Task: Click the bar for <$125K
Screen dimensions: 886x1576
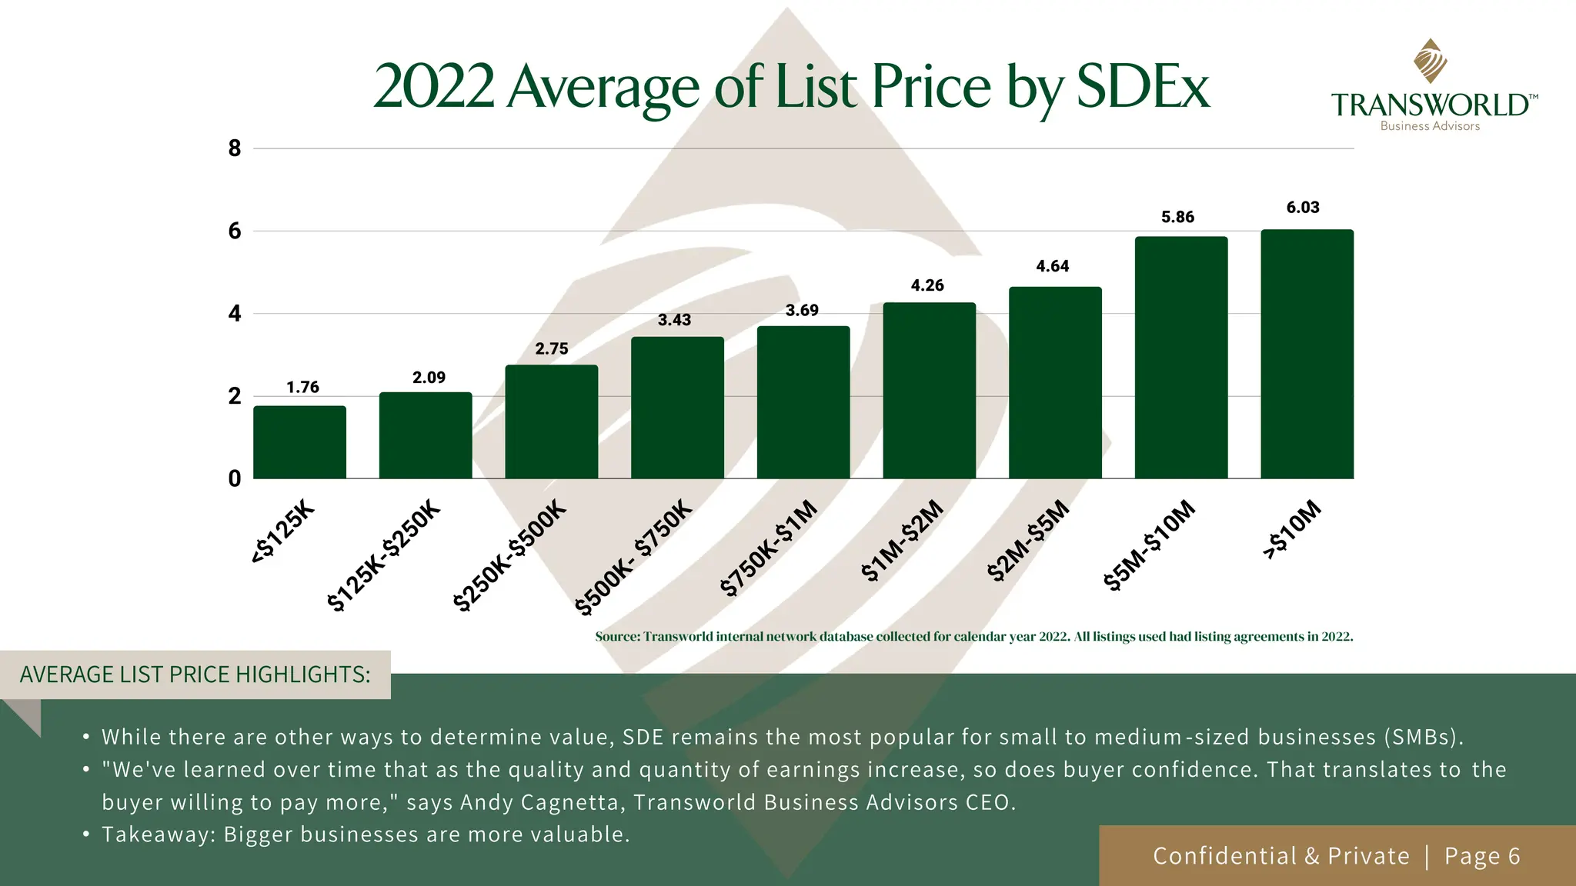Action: (299, 442)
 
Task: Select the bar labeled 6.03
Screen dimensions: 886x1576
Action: (1307, 354)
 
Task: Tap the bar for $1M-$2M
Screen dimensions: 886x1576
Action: (929, 391)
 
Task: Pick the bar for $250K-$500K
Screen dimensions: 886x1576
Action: (551, 421)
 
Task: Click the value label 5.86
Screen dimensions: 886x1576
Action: (1177, 218)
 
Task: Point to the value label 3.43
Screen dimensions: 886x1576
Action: (674, 320)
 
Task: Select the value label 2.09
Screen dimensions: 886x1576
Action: (429, 378)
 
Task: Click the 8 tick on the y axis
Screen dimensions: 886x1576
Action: (235, 148)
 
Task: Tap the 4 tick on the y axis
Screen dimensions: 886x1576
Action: (235, 314)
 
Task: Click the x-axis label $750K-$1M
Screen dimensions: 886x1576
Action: (769, 548)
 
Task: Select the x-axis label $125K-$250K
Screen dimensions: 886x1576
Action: (384, 555)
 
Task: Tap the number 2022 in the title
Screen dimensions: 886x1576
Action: (434, 86)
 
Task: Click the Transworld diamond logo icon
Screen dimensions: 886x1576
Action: (1430, 61)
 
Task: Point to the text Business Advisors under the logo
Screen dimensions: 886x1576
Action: (1430, 126)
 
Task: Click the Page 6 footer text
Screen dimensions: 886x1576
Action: (1482, 856)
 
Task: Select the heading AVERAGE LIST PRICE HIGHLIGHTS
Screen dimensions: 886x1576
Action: (195, 674)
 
